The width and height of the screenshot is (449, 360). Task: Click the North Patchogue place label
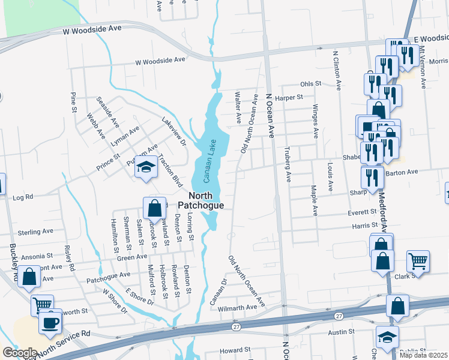(200, 200)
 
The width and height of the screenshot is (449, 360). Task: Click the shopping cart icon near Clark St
(418, 261)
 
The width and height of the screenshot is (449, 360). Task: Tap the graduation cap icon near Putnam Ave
(145, 167)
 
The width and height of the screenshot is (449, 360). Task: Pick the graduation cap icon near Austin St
(387, 337)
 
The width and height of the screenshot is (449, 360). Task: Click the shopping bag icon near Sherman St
(154, 208)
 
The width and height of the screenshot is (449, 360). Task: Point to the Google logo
(20, 353)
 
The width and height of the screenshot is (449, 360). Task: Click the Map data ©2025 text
(423, 355)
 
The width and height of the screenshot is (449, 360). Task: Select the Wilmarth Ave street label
(237, 307)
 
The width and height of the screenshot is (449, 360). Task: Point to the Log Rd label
(22, 196)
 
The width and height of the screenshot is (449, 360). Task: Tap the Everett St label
(362, 212)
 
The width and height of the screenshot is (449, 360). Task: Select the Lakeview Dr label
(174, 130)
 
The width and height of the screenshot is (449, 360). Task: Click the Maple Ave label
(314, 200)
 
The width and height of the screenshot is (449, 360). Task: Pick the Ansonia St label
(37, 257)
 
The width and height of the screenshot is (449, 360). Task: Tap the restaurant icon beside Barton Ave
(372, 178)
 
